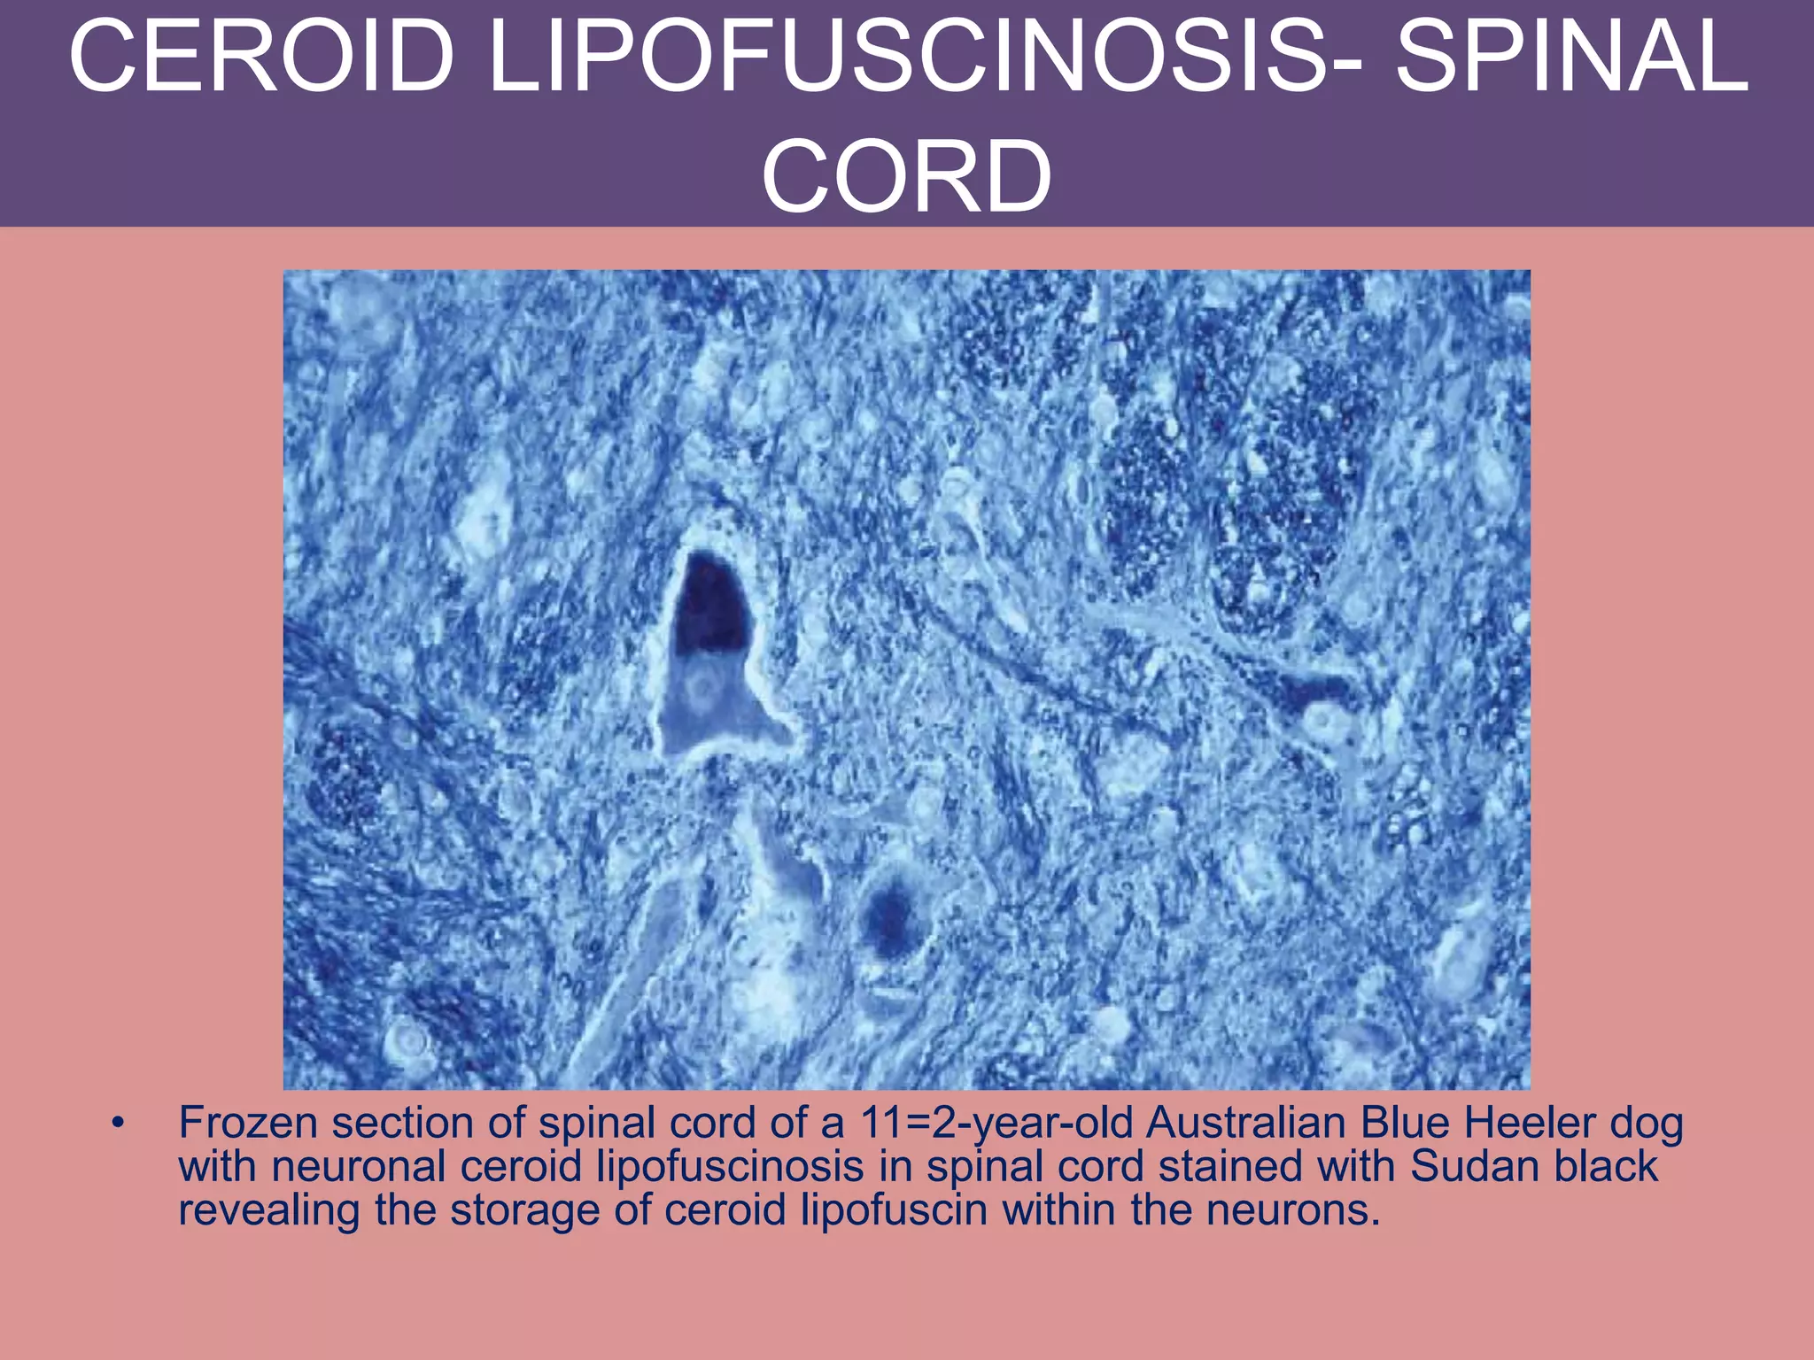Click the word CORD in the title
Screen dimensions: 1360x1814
[x=907, y=177]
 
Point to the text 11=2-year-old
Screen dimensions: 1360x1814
[x=997, y=1124]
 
